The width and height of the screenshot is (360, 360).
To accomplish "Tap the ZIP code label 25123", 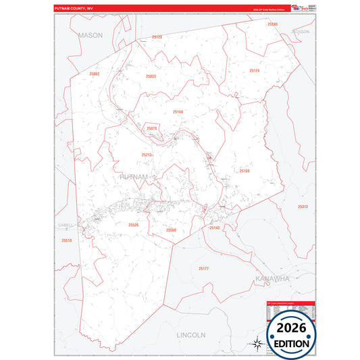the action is pyautogui.click(x=157, y=36).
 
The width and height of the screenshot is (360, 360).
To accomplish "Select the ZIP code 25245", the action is pyautogui.click(x=272, y=24).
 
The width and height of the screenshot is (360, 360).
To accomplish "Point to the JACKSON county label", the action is pyautogui.click(x=300, y=32).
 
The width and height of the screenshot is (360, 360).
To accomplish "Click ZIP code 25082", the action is pyautogui.click(x=94, y=74).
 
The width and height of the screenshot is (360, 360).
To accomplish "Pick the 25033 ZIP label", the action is pyautogui.click(x=151, y=76).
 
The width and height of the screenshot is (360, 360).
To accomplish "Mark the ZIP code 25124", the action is pyautogui.click(x=254, y=70).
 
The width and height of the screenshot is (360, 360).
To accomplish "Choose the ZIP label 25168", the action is pyautogui.click(x=178, y=112).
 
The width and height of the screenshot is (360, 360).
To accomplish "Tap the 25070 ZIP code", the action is pyautogui.click(x=152, y=128).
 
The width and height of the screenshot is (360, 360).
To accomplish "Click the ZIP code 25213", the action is pyautogui.click(x=147, y=155).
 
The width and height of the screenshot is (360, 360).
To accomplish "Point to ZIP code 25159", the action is pyautogui.click(x=244, y=171).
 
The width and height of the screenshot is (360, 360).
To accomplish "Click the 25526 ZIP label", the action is pyautogui.click(x=133, y=225).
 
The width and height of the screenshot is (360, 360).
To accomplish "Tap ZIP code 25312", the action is pyautogui.click(x=303, y=207).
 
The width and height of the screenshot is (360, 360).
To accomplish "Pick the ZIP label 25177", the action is pyautogui.click(x=203, y=269).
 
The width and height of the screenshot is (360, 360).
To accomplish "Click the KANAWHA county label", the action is pyautogui.click(x=272, y=278).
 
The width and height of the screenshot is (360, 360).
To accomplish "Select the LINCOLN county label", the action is pyautogui.click(x=190, y=335).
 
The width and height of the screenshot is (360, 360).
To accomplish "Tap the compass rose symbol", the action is pyautogui.click(x=257, y=343).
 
